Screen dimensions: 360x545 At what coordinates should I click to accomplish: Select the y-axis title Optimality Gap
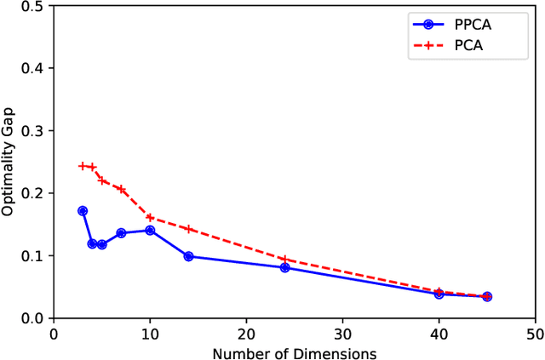pyautogui.click(x=9, y=160)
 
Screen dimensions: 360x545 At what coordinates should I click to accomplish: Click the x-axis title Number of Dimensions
pyautogui.click(x=294, y=352)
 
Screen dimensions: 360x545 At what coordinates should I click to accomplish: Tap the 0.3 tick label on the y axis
pyautogui.click(x=33, y=131)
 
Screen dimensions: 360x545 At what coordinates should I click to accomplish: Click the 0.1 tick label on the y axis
pyautogui.click(x=33, y=256)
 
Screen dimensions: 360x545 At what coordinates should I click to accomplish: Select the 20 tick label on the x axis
pyautogui.click(x=246, y=334)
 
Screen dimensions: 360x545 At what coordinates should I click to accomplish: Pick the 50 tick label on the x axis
pyautogui.click(x=535, y=334)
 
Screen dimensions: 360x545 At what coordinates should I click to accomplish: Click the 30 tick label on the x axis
pyautogui.click(x=342, y=334)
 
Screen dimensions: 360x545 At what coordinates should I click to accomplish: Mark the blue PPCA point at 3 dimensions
pyautogui.click(x=83, y=211)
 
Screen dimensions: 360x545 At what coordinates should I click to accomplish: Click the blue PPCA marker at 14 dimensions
pyautogui.click(x=188, y=256)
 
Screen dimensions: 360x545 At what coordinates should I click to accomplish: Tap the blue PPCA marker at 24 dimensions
pyautogui.click(x=284, y=267)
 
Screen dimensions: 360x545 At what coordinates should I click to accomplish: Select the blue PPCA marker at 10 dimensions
pyautogui.click(x=150, y=231)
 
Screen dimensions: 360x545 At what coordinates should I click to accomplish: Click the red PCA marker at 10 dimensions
pyautogui.click(x=150, y=218)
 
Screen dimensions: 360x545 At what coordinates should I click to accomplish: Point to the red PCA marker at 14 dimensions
pyautogui.click(x=188, y=229)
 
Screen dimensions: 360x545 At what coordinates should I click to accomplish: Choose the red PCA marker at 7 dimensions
pyautogui.click(x=121, y=189)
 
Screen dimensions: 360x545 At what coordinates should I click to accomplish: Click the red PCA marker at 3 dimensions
pyautogui.click(x=83, y=166)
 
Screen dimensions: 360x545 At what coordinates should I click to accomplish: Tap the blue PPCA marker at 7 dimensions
pyautogui.click(x=121, y=233)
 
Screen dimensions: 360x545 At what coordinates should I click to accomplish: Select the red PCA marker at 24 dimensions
pyautogui.click(x=284, y=259)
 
